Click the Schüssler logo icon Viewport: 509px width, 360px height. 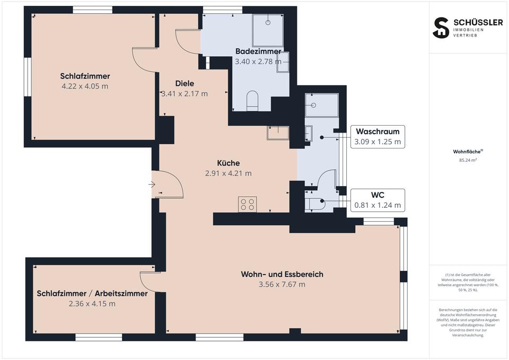(x=441, y=28)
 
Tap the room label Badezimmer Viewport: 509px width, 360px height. (x=258, y=51)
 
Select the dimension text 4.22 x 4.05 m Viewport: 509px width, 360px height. (x=85, y=86)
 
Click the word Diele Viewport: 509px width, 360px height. (x=185, y=83)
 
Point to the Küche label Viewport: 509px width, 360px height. (x=229, y=163)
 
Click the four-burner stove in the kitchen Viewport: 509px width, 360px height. (x=248, y=205)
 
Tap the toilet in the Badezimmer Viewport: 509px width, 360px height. (x=252, y=101)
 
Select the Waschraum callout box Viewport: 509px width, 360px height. (x=378, y=137)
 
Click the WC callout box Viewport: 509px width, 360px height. (x=378, y=200)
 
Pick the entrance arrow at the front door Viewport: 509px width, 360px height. (x=152, y=185)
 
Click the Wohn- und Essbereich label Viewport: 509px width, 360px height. (x=282, y=274)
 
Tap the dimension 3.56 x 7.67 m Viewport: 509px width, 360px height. (x=282, y=284)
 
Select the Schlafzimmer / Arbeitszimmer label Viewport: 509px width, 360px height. (x=92, y=293)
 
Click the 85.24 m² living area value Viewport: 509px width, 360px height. (x=468, y=160)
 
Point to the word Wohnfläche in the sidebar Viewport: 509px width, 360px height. (x=467, y=152)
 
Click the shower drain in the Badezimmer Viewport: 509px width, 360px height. (x=268, y=22)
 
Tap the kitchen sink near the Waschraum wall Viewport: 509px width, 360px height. (x=278, y=133)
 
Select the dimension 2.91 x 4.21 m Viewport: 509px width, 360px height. (x=228, y=173)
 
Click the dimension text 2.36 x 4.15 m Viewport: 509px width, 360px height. (x=92, y=304)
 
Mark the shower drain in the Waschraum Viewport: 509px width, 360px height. (x=313, y=105)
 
